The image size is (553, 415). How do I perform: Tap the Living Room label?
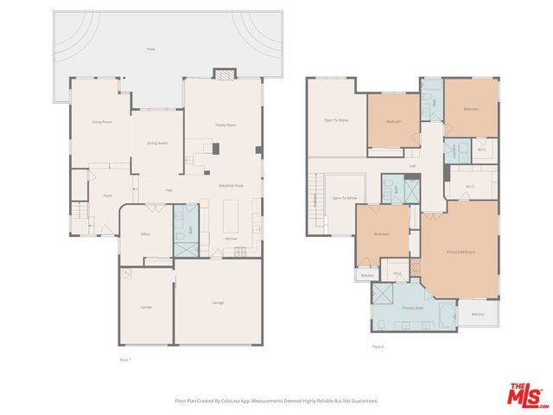(x=102, y=122)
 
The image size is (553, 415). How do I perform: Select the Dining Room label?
(x=156, y=143)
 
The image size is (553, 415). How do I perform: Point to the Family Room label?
(x=226, y=125)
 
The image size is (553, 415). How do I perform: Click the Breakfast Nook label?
(x=230, y=186)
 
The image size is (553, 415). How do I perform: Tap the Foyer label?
(x=108, y=196)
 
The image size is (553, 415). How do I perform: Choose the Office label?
(x=146, y=233)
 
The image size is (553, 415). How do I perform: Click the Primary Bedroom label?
(x=460, y=252)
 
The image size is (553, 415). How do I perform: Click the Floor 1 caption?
(x=124, y=357)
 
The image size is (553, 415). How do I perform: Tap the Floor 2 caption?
(x=377, y=346)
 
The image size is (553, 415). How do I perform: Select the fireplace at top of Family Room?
(x=223, y=75)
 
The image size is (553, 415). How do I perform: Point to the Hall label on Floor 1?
(x=169, y=190)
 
